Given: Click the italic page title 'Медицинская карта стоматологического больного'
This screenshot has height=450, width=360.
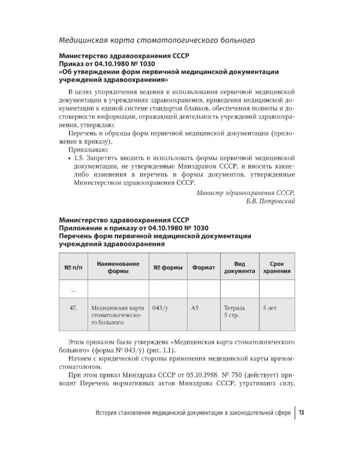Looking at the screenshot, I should (x=155, y=41).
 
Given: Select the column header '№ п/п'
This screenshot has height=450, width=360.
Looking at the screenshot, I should (x=72, y=267).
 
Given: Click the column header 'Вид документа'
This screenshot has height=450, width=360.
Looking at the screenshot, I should (x=239, y=267).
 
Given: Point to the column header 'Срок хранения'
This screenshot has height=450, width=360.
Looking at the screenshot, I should (x=277, y=267).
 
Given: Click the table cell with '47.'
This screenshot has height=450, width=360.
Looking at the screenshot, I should (x=73, y=308).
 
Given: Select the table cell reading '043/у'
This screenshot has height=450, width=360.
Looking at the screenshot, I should (x=160, y=308).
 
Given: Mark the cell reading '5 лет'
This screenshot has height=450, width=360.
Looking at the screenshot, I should (x=270, y=308).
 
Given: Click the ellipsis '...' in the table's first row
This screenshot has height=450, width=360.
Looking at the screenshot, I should (x=73, y=289).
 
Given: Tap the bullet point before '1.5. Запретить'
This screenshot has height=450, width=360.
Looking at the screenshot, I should (x=71, y=158).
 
